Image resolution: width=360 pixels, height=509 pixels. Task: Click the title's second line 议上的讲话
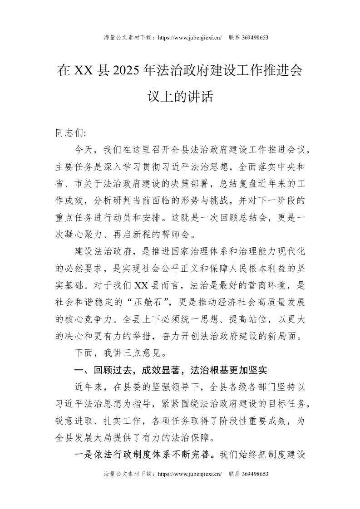coord(180,97)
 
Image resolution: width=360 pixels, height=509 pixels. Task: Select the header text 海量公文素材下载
coord(128,38)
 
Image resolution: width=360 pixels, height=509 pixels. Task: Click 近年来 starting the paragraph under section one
coord(90,387)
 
